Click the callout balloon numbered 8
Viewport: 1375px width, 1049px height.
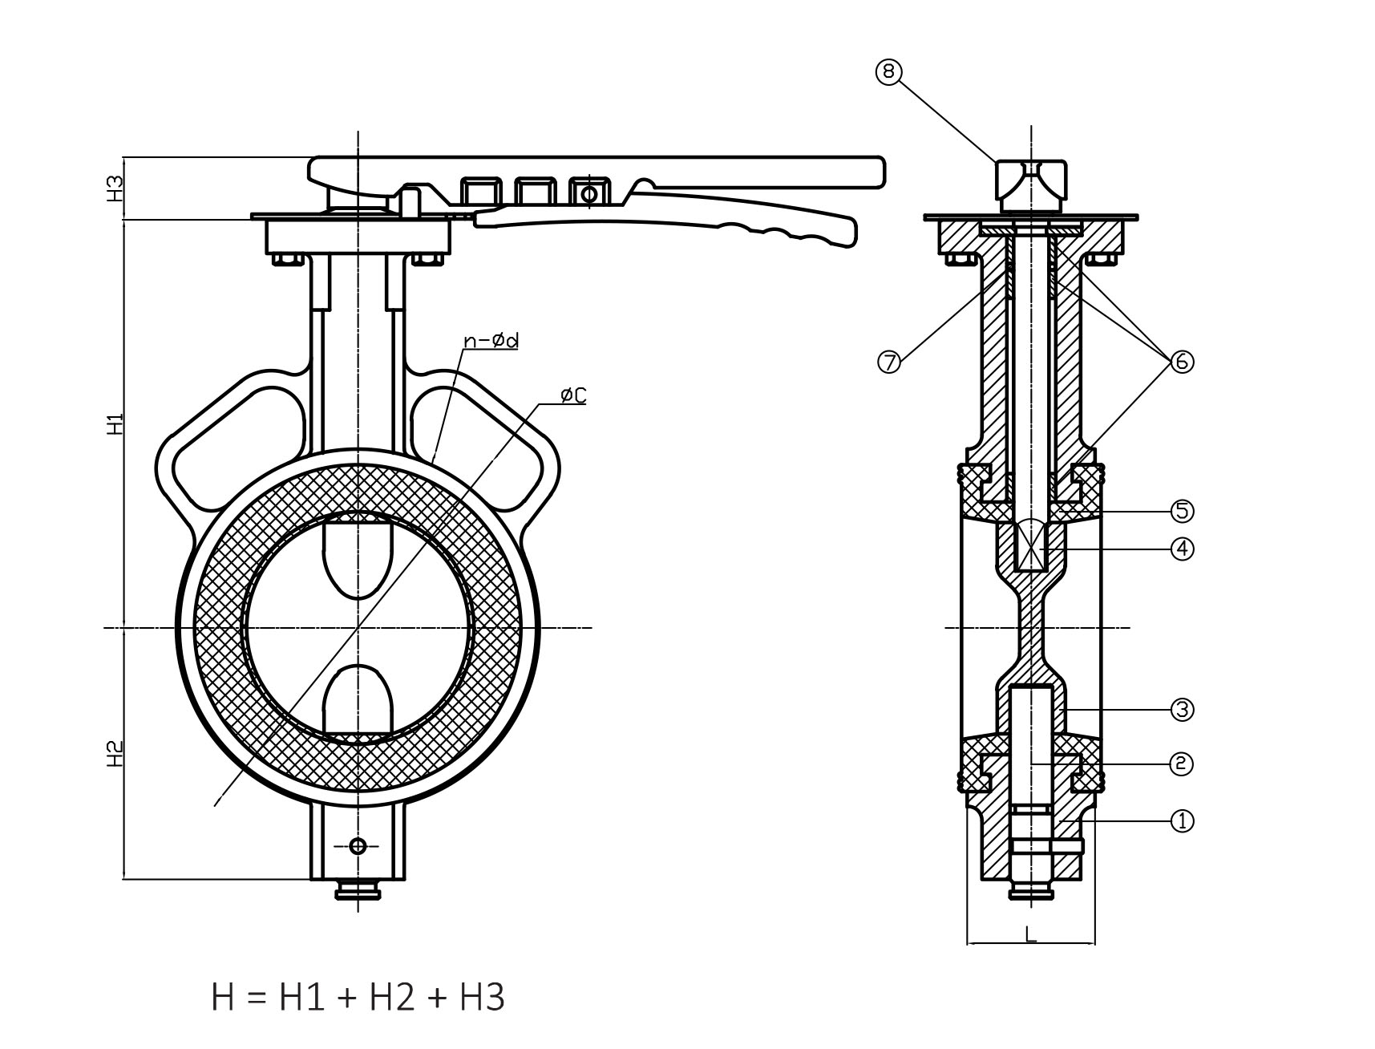(x=888, y=72)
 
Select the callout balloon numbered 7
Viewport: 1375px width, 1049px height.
(x=890, y=362)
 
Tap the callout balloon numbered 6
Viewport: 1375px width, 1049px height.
(x=1182, y=362)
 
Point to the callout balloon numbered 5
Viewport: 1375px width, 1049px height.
(x=1182, y=510)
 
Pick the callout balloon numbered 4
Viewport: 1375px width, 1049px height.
(x=1182, y=549)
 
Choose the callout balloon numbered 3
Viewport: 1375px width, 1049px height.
(x=1182, y=709)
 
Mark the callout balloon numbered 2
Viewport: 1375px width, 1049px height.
(x=1182, y=763)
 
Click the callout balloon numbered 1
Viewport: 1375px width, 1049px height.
(x=1182, y=820)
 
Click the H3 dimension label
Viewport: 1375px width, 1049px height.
(x=116, y=188)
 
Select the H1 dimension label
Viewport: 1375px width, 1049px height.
(x=116, y=423)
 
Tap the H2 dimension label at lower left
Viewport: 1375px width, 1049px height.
(x=116, y=754)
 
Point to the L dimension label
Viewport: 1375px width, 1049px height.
(x=1031, y=934)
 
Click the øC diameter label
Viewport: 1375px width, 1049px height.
(x=573, y=395)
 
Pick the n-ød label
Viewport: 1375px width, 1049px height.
(x=491, y=342)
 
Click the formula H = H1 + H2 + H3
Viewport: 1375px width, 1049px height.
(x=358, y=998)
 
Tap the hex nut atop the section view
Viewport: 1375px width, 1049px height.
(x=1031, y=181)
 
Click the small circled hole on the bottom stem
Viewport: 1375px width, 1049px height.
(x=358, y=845)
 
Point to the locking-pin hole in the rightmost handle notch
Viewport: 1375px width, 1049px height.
(x=588, y=193)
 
